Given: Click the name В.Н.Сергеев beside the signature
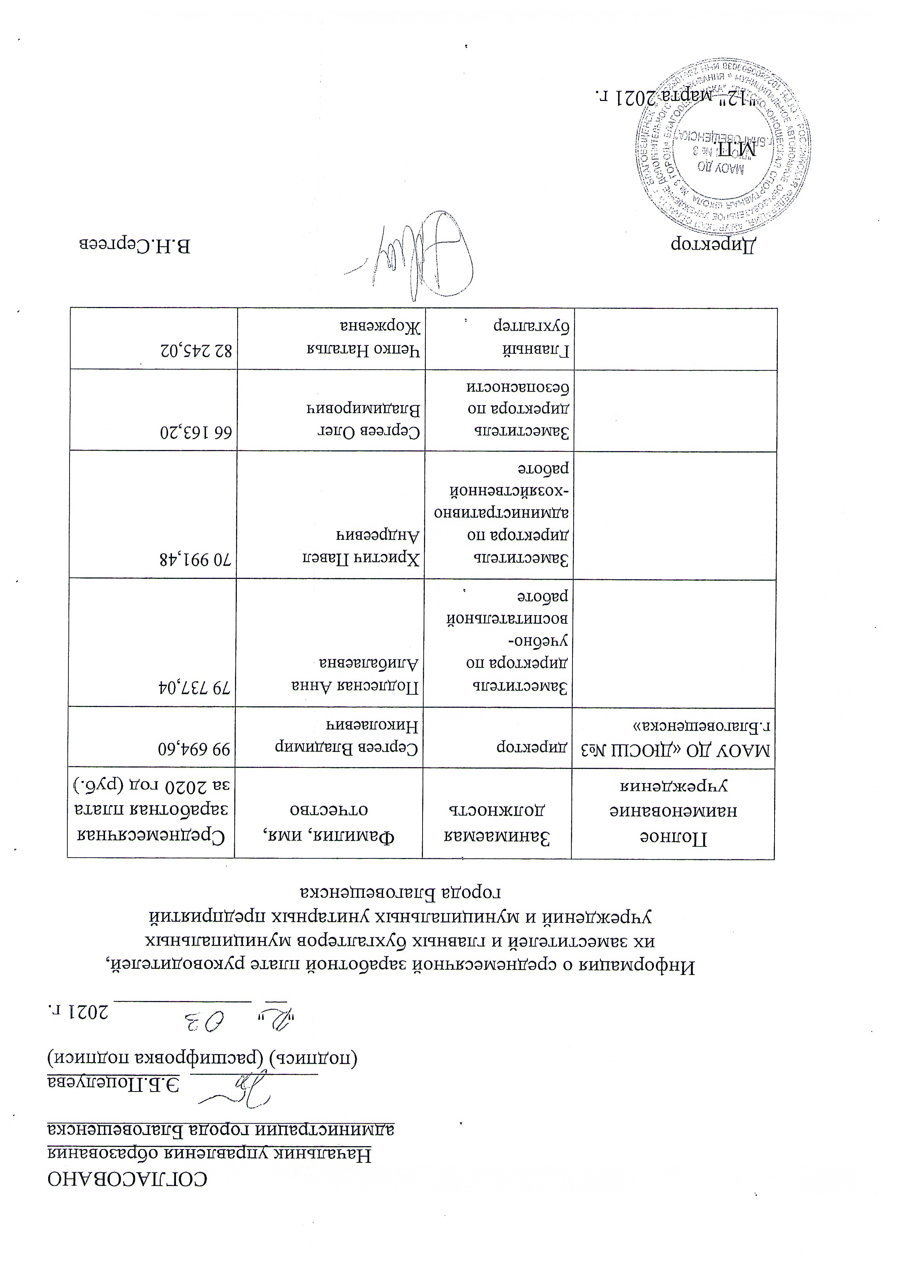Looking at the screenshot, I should click(135, 245).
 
